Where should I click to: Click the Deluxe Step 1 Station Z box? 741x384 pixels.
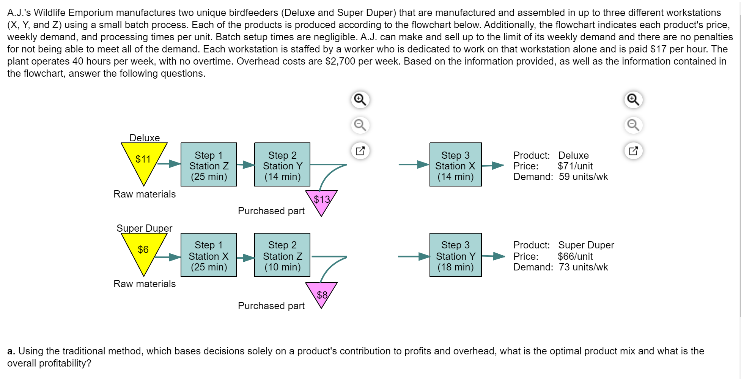pos(209,164)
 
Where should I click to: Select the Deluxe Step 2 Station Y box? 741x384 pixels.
pos(282,164)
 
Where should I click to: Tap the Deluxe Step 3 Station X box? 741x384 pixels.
pos(455,164)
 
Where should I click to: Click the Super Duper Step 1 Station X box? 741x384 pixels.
pos(209,255)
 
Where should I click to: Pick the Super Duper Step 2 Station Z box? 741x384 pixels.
pos(282,255)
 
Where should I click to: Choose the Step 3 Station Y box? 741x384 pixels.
pos(455,255)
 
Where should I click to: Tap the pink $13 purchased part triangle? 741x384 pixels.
pos(321,201)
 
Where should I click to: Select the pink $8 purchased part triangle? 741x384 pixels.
pos(321,293)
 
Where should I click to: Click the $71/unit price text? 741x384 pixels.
pos(575,166)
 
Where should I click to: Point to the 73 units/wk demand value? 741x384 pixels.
pos(583,267)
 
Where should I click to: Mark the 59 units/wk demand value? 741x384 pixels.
pos(583,177)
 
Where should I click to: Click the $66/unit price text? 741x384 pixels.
pos(575,256)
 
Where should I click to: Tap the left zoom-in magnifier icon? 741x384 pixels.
pos(360,100)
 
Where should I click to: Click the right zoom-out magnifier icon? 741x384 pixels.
pos(633,125)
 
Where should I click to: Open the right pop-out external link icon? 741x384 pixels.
pos(633,150)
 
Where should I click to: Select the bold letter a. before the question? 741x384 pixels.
pos(11,351)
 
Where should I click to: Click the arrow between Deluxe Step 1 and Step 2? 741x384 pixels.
pos(245,165)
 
